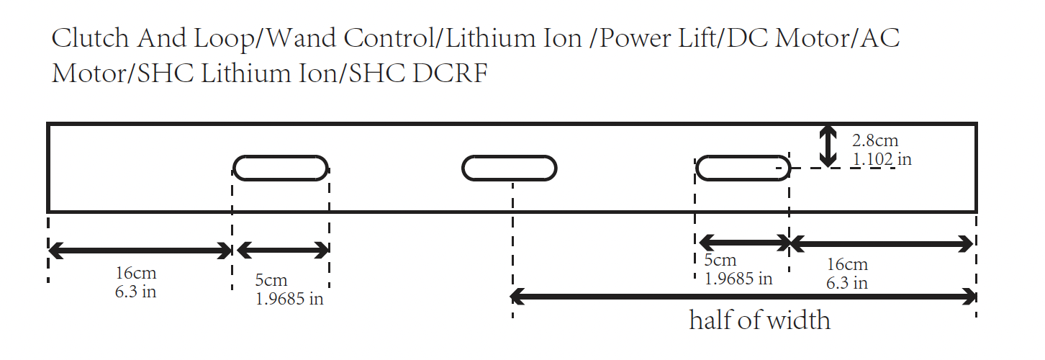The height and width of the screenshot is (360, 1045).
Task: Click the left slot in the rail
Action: click(x=281, y=168)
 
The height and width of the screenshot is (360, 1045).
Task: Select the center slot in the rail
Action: click(x=509, y=168)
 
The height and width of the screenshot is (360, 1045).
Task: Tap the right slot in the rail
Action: click(x=743, y=168)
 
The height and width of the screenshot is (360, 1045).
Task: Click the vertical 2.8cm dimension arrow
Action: click(x=829, y=146)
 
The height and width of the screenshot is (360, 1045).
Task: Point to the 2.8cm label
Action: click(x=875, y=141)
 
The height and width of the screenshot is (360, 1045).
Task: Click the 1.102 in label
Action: click(x=881, y=158)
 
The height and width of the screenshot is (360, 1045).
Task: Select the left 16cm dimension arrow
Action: click(x=140, y=251)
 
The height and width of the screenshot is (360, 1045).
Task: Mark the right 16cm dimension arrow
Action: click(x=882, y=244)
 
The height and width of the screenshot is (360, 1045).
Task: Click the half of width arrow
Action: click(x=743, y=295)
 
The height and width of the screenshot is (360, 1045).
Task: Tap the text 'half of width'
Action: click(x=759, y=320)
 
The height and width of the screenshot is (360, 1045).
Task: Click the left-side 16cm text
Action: click(x=136, y=274)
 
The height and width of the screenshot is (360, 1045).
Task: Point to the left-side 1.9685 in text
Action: click(x=289, y=298)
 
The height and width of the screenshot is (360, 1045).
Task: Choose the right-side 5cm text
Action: click(x=720, y=260)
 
